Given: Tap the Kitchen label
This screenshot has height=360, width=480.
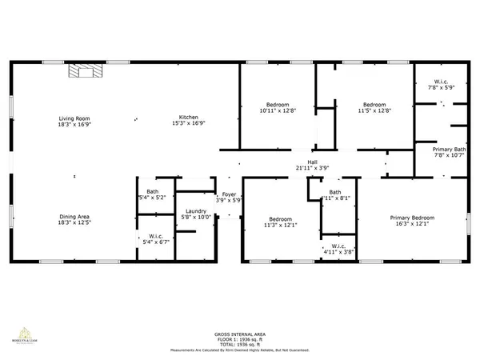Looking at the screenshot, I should [189, 118].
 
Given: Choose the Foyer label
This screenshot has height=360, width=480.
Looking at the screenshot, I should [229, 194].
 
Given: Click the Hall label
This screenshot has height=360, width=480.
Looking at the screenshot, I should [302, 162].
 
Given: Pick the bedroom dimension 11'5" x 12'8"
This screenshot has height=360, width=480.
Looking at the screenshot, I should [374, 111].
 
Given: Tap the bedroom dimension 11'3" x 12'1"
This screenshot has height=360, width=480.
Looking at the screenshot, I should [280, 226].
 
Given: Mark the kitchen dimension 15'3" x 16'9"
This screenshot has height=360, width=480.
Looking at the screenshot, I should [189, 124].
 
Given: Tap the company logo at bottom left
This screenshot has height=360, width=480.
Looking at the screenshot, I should [22, 335].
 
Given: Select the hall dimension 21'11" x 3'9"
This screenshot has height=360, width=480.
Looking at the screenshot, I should [302, 168].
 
